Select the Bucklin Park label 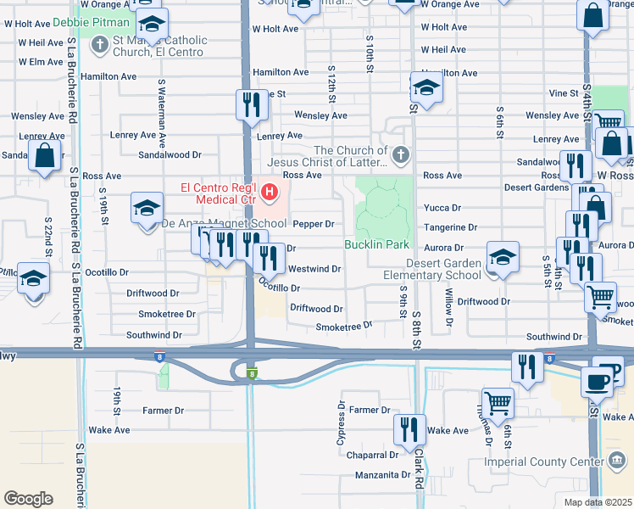[x=377, y=244]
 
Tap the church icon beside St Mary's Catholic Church [x=99, y=42]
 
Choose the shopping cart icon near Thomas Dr [x=498, y=403]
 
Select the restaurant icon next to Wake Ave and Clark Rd [x=411, y=429]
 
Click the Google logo [x=28, y=499]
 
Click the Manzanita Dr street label [x=382, y=475]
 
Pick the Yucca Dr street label [x=442, y=207]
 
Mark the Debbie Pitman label [x=91, y=21]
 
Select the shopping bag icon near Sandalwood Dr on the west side [x=46, y=156]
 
